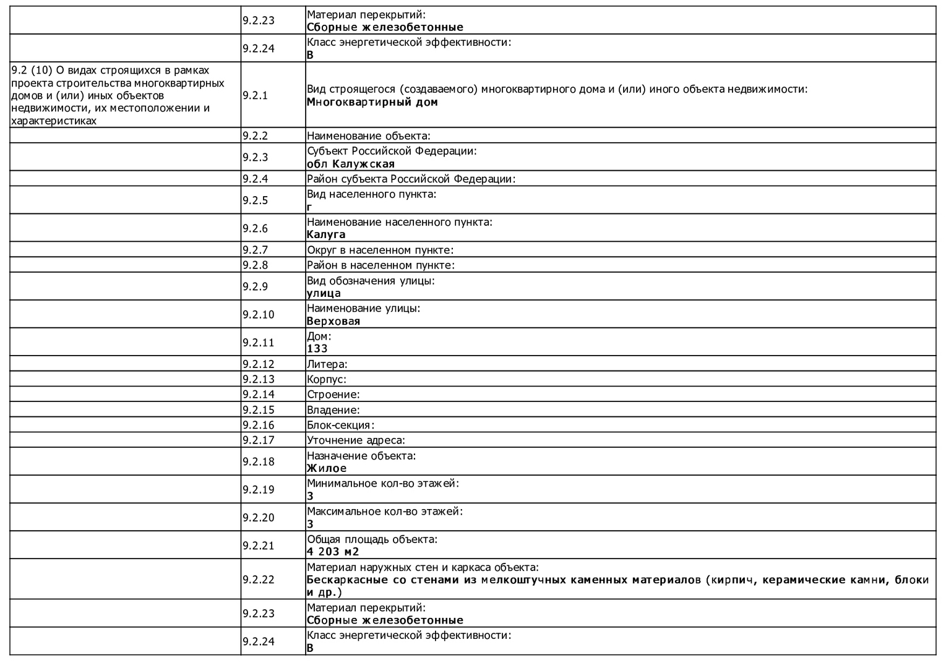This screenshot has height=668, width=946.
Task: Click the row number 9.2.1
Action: pyautogui.click(x=255, y=95)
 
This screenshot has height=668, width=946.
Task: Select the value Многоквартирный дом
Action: pyautogui.click(x=372, y=102)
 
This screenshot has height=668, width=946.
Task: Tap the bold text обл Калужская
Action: pyautogui.click(x=350, y=164)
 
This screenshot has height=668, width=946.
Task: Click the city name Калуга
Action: pyautogui.click(x=326, y=234)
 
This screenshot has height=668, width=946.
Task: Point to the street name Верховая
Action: pyautogui.click(x=333, y=321)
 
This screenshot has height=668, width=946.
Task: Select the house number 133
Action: pyautogui.click(x=317, y=348)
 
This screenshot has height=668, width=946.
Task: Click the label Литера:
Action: pyautogui.click(x=327, y=364)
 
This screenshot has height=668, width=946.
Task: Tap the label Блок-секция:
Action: pyautogui.click(x=340, y=425)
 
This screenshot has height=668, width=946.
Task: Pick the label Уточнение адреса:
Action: pyautogui.click(x=356, y=440)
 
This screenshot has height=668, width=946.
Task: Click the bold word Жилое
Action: pyautogui.click(x=327, y=468)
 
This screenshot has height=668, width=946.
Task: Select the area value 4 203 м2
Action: pyautogui.click(x=333, y=552)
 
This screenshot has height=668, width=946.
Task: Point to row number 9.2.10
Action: pyautogui.click(x=258, y=314)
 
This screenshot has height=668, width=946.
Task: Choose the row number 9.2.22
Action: pyautogui.click(x=258, y=580)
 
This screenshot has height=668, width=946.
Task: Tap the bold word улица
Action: pyautogui.click(x=324, y=293)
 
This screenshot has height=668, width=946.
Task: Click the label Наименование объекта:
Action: pyautogui.click(x=368, y=135)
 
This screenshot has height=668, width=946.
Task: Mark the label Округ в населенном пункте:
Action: pyautogui.click(x=380, y=250)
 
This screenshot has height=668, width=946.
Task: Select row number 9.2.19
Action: pyautogui.click(x=258, y=489)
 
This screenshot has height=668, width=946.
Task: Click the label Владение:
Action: pyautogui.click(x=333, y=409)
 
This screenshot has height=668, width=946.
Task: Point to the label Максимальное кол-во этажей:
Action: pyautogui.click(x=384, y=512)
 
